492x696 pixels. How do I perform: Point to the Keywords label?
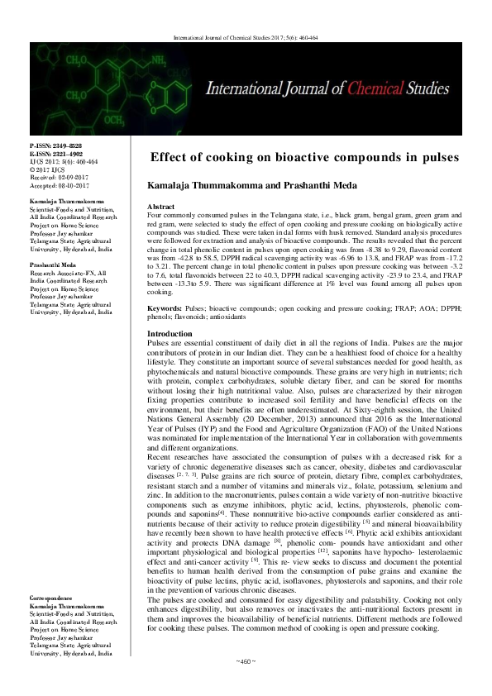pyautogui.click(x=164, y=307)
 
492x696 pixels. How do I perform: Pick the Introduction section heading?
pyautogui.click(x=168, y=333)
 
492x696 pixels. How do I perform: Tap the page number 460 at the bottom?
pyautogui.click(x=246, y=683)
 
